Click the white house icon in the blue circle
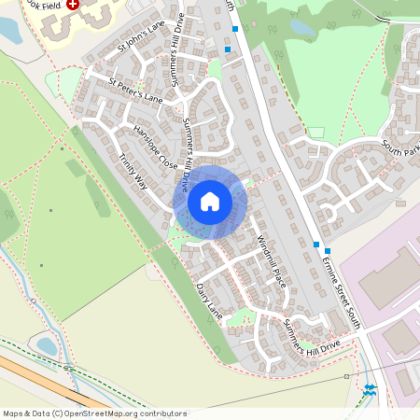coord(210,202)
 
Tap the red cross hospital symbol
coord(73,6)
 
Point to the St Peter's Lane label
coord(135,90)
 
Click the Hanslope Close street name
coord(155,147)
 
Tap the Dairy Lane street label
coord(209,298)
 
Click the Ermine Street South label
coord(339,281)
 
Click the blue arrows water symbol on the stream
coord(371,388)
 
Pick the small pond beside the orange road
coord(47,346)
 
